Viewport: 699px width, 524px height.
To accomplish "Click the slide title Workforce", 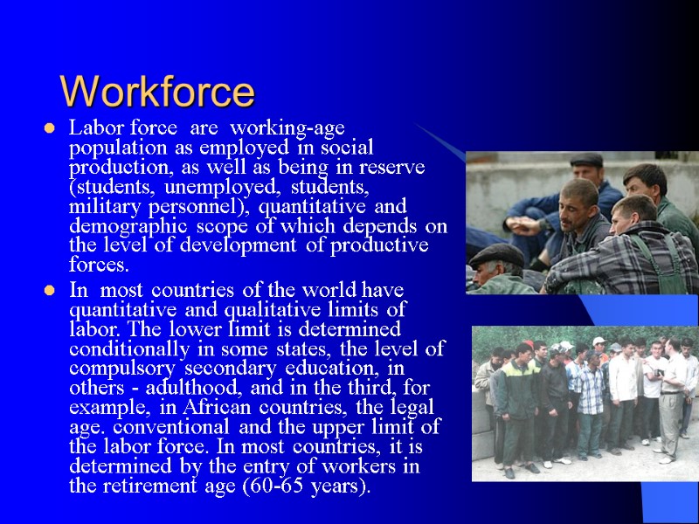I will click(x=157, y=91).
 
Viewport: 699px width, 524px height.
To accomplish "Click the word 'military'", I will click(x=100, y=206).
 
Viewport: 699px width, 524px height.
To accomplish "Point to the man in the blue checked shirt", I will click(x=591, y=402).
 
